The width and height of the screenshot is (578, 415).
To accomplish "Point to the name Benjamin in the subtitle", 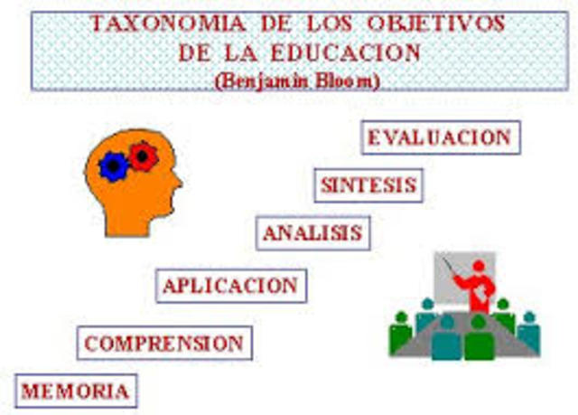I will pos(261,80).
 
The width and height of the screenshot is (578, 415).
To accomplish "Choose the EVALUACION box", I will pos(440,138).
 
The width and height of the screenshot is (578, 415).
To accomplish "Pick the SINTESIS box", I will pos(368,185).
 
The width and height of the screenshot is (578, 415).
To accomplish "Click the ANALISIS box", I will pos(312,232).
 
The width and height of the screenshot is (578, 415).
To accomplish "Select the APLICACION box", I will pos(230,286).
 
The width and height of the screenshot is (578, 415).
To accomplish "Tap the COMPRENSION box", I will pos(164,344).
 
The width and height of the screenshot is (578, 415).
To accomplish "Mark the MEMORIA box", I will pos(75,391).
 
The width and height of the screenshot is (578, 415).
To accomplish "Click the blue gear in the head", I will pos(113,166).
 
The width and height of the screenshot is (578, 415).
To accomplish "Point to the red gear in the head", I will pos(142,156).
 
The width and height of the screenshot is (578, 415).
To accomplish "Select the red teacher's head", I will pos(479,266).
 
